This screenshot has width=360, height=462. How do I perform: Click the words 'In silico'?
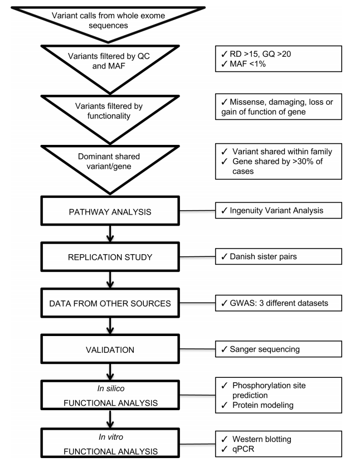(111, 388)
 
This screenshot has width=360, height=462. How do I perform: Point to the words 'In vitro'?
(111, 437)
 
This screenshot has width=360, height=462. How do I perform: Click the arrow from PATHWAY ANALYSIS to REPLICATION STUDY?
(110, 234)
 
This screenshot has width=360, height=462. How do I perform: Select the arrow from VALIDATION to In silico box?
(110, 372)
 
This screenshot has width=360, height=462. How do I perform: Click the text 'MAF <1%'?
(248, 64)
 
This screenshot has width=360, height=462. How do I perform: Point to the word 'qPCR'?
(243, 449)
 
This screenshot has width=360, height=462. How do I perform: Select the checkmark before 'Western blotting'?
(225, 439)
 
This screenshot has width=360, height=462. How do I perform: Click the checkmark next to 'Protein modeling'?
(225, 405)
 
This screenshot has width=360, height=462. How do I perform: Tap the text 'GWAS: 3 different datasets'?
(279, 303)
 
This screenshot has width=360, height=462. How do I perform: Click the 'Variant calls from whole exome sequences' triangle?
(108, 21)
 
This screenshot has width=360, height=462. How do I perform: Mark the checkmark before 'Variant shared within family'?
(225, 152)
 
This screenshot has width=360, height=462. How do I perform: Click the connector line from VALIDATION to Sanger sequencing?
(197, 349)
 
